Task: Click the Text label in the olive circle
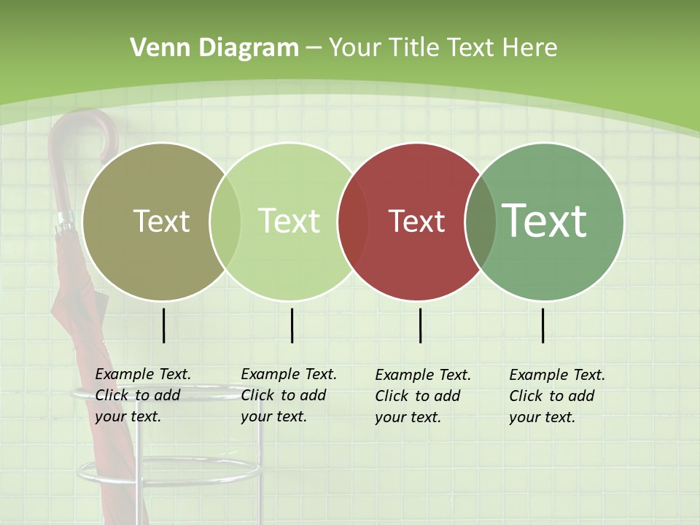click(x=161, y=221)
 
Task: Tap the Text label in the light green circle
click(x=289, y=221)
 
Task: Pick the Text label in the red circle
click(x=416, y=222)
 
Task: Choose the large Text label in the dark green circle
click(x=545, y=220)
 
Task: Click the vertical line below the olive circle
click(x=164, y=325)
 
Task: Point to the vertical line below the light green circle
click(x=292, y=325)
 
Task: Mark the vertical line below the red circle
click(x=421, y=325)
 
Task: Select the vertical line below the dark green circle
click(x=543, y=325)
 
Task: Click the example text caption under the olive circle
click(x=142, y=395)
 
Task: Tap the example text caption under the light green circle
click(x=288, y=395)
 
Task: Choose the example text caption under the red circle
click(x=422, y=396)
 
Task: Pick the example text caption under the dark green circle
click(x=556, y=396)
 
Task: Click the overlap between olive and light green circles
click(x=225, y=221)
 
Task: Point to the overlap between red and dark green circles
click(x=481, y=222)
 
